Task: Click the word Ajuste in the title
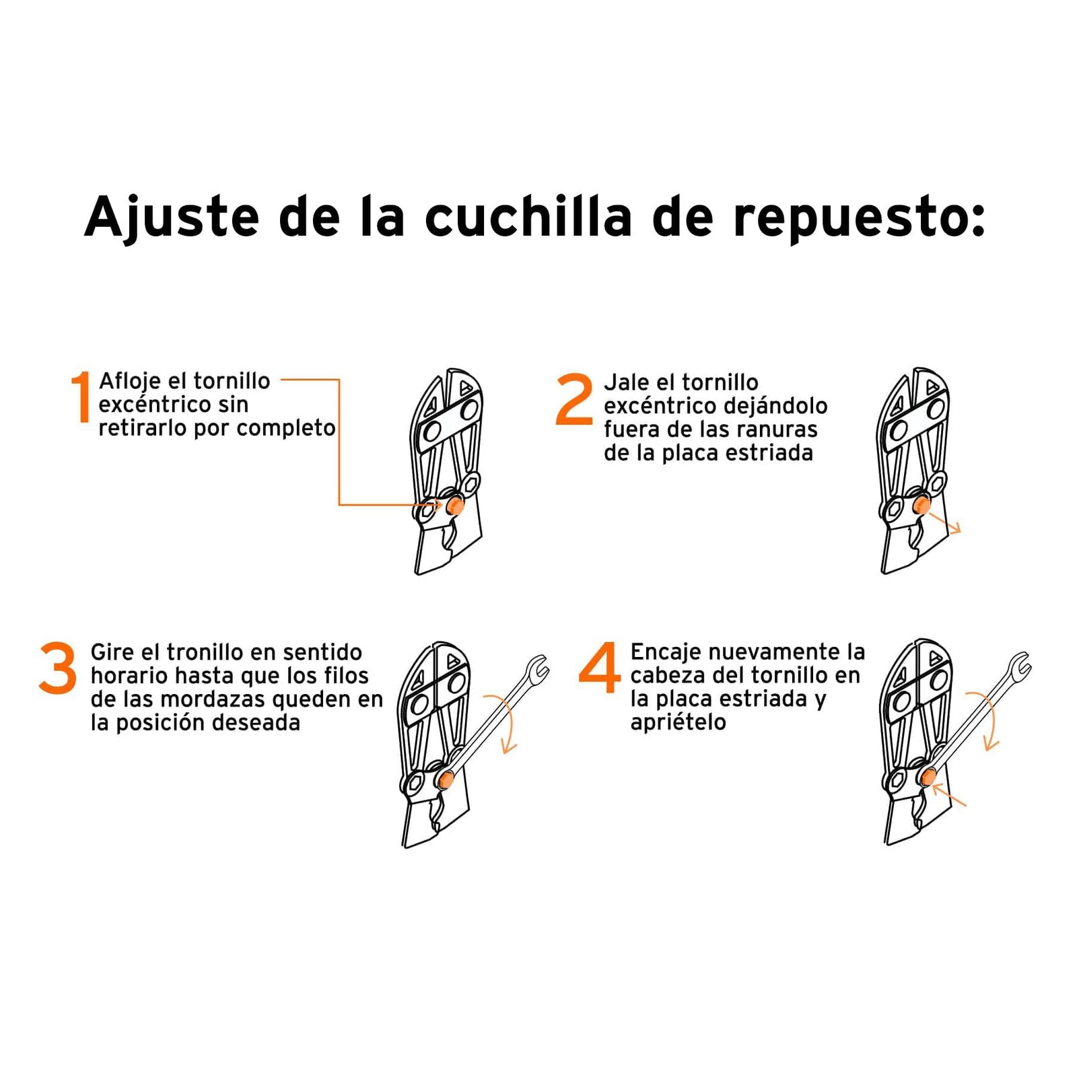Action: [x=172, y=217]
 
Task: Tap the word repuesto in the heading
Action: [x=859, y=217]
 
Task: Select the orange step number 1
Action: [x=81, y=397]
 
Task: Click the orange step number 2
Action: [x=574, y=400]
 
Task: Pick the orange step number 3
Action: [x=58, y=668]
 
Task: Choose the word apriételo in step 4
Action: [x=678, y=722]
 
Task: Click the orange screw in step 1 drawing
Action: [x=454, y=506]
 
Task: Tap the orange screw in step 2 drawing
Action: [x=921, y=506]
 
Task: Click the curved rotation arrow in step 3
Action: [x=509, y=724]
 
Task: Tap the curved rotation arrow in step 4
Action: [x=992, y=720]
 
